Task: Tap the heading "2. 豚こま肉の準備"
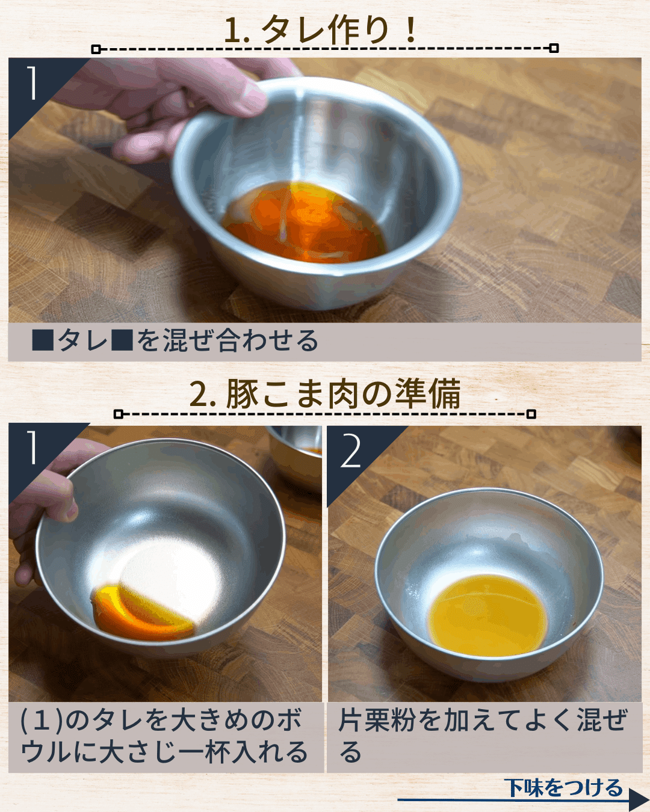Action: (325, 395)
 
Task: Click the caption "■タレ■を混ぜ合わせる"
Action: (175, 340)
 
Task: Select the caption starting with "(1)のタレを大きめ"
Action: (164, 736)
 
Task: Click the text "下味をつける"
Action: (564, 787)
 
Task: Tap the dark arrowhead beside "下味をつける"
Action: (639, 800)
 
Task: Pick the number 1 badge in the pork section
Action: (32, 448)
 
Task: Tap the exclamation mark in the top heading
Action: (411, 29)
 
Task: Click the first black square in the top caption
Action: (43, 340)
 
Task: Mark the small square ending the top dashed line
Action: (554, 48)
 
